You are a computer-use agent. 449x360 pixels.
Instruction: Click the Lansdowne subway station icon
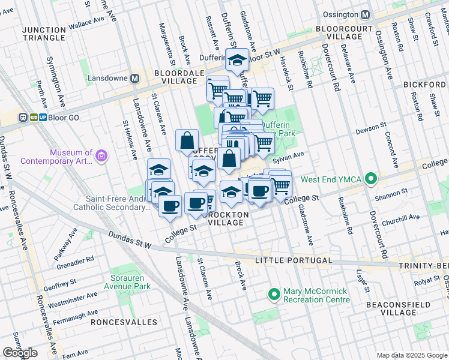[135, 79]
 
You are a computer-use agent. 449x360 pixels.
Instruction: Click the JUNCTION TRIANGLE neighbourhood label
[43, 34]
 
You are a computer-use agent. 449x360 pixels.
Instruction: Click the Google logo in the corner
[20, 353]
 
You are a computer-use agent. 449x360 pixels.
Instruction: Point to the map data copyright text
[411, 355]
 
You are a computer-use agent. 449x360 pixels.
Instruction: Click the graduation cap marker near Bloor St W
[237, 60]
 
